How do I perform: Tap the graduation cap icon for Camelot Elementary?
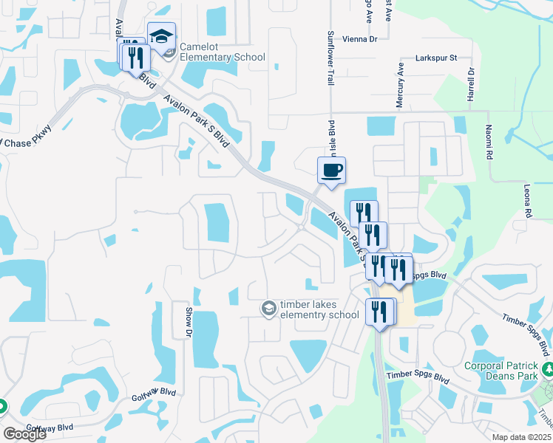(161, 36)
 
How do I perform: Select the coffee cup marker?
(331, 171)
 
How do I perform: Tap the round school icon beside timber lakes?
(269, 308)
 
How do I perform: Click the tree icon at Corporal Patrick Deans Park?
(547, 368)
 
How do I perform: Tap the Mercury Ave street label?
(400, 85)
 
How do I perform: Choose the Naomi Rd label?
(489, 142)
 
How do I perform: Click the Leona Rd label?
(528, 201)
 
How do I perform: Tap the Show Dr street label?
(189, 323)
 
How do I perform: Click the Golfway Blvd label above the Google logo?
(50, 427)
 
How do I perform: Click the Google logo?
(24, 434)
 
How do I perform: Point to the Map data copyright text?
(522, 437)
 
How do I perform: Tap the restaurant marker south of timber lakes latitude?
(381, 312)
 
